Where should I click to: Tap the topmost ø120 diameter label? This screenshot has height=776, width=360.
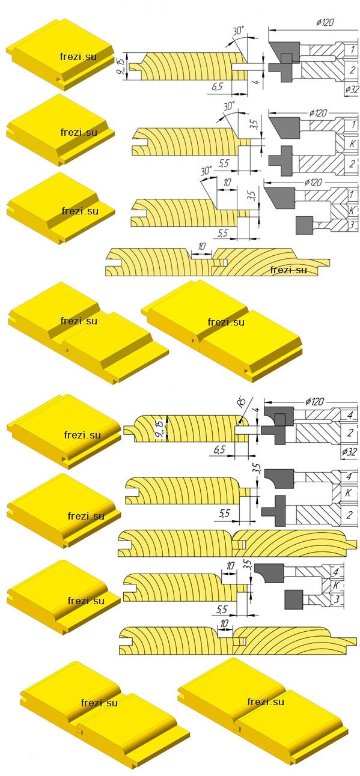point(325,22)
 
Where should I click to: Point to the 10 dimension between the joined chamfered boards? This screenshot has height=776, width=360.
point(202,247)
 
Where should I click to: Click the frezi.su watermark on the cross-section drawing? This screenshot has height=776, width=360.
point(288,270)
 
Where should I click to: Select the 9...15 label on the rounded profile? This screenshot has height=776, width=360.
point(159,429)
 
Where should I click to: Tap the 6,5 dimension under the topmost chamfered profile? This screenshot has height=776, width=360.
point(217,86)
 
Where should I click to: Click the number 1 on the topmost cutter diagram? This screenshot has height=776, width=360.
point(352,49)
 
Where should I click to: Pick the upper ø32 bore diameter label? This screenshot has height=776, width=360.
point(352,89)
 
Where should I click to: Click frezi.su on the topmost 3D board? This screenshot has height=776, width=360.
point(78,57)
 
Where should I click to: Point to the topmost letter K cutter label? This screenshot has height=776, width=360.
point(352,144)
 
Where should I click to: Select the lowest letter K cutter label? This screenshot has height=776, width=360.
point(335,585)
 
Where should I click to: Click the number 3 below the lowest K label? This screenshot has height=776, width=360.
point(337,598)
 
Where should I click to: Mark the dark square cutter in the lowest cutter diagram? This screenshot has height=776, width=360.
point(294,599)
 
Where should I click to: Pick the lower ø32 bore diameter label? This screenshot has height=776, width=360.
point(349,452)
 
